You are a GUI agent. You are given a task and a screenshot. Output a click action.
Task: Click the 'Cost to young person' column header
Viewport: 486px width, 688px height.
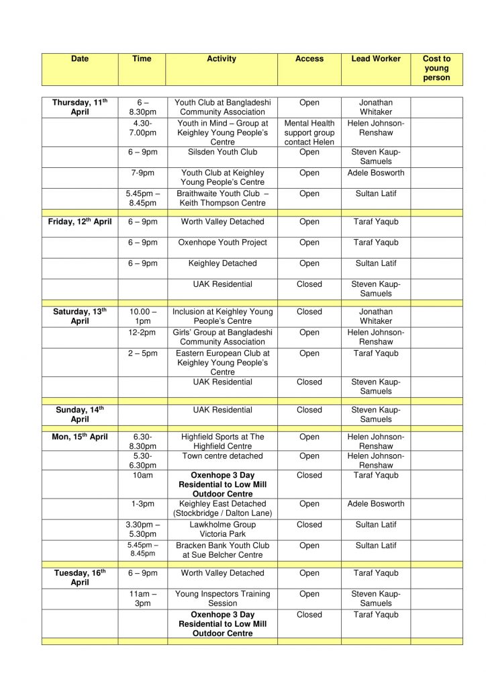coord(436,69)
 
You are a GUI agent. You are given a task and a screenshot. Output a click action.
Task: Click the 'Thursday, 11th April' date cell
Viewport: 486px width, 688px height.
coord(80,107)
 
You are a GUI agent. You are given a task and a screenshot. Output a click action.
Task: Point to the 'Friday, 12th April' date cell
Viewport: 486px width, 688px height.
coord(80,222)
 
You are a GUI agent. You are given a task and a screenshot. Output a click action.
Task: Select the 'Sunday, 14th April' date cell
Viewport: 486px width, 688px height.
coord(80,415)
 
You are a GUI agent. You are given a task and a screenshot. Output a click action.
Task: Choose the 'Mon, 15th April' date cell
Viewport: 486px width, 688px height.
coord(80,437)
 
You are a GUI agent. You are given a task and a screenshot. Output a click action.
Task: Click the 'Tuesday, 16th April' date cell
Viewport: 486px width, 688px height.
coord(80,578)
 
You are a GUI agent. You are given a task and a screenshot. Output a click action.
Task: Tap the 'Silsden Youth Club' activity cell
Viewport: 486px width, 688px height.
coord(222,153)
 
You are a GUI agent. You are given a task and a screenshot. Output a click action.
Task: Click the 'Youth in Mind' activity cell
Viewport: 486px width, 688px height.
coord(222,132)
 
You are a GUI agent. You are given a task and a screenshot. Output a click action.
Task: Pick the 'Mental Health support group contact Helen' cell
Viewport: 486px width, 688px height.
coord(309,132)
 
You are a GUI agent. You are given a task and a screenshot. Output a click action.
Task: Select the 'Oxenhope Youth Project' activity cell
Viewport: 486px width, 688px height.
coord(222,243)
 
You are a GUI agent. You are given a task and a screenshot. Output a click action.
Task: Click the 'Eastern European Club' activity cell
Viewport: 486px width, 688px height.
coord(222,362)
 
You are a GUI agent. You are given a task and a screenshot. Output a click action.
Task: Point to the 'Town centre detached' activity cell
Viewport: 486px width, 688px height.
coord(222,456)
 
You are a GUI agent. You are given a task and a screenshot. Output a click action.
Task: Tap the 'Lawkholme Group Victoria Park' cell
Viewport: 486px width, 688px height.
coord(222,529)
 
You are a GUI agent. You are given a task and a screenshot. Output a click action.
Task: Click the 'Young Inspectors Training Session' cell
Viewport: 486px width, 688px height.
coord(222,599)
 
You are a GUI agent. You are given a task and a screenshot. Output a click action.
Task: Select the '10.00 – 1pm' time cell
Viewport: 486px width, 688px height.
coord(142,316)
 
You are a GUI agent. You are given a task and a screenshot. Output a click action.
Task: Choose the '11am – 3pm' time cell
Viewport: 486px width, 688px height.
coord(142,599)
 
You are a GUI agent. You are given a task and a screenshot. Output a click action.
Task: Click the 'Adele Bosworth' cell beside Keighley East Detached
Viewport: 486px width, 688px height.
coord(376,504)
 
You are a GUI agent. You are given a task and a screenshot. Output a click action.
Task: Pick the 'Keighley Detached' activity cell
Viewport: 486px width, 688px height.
coord(222,263)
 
